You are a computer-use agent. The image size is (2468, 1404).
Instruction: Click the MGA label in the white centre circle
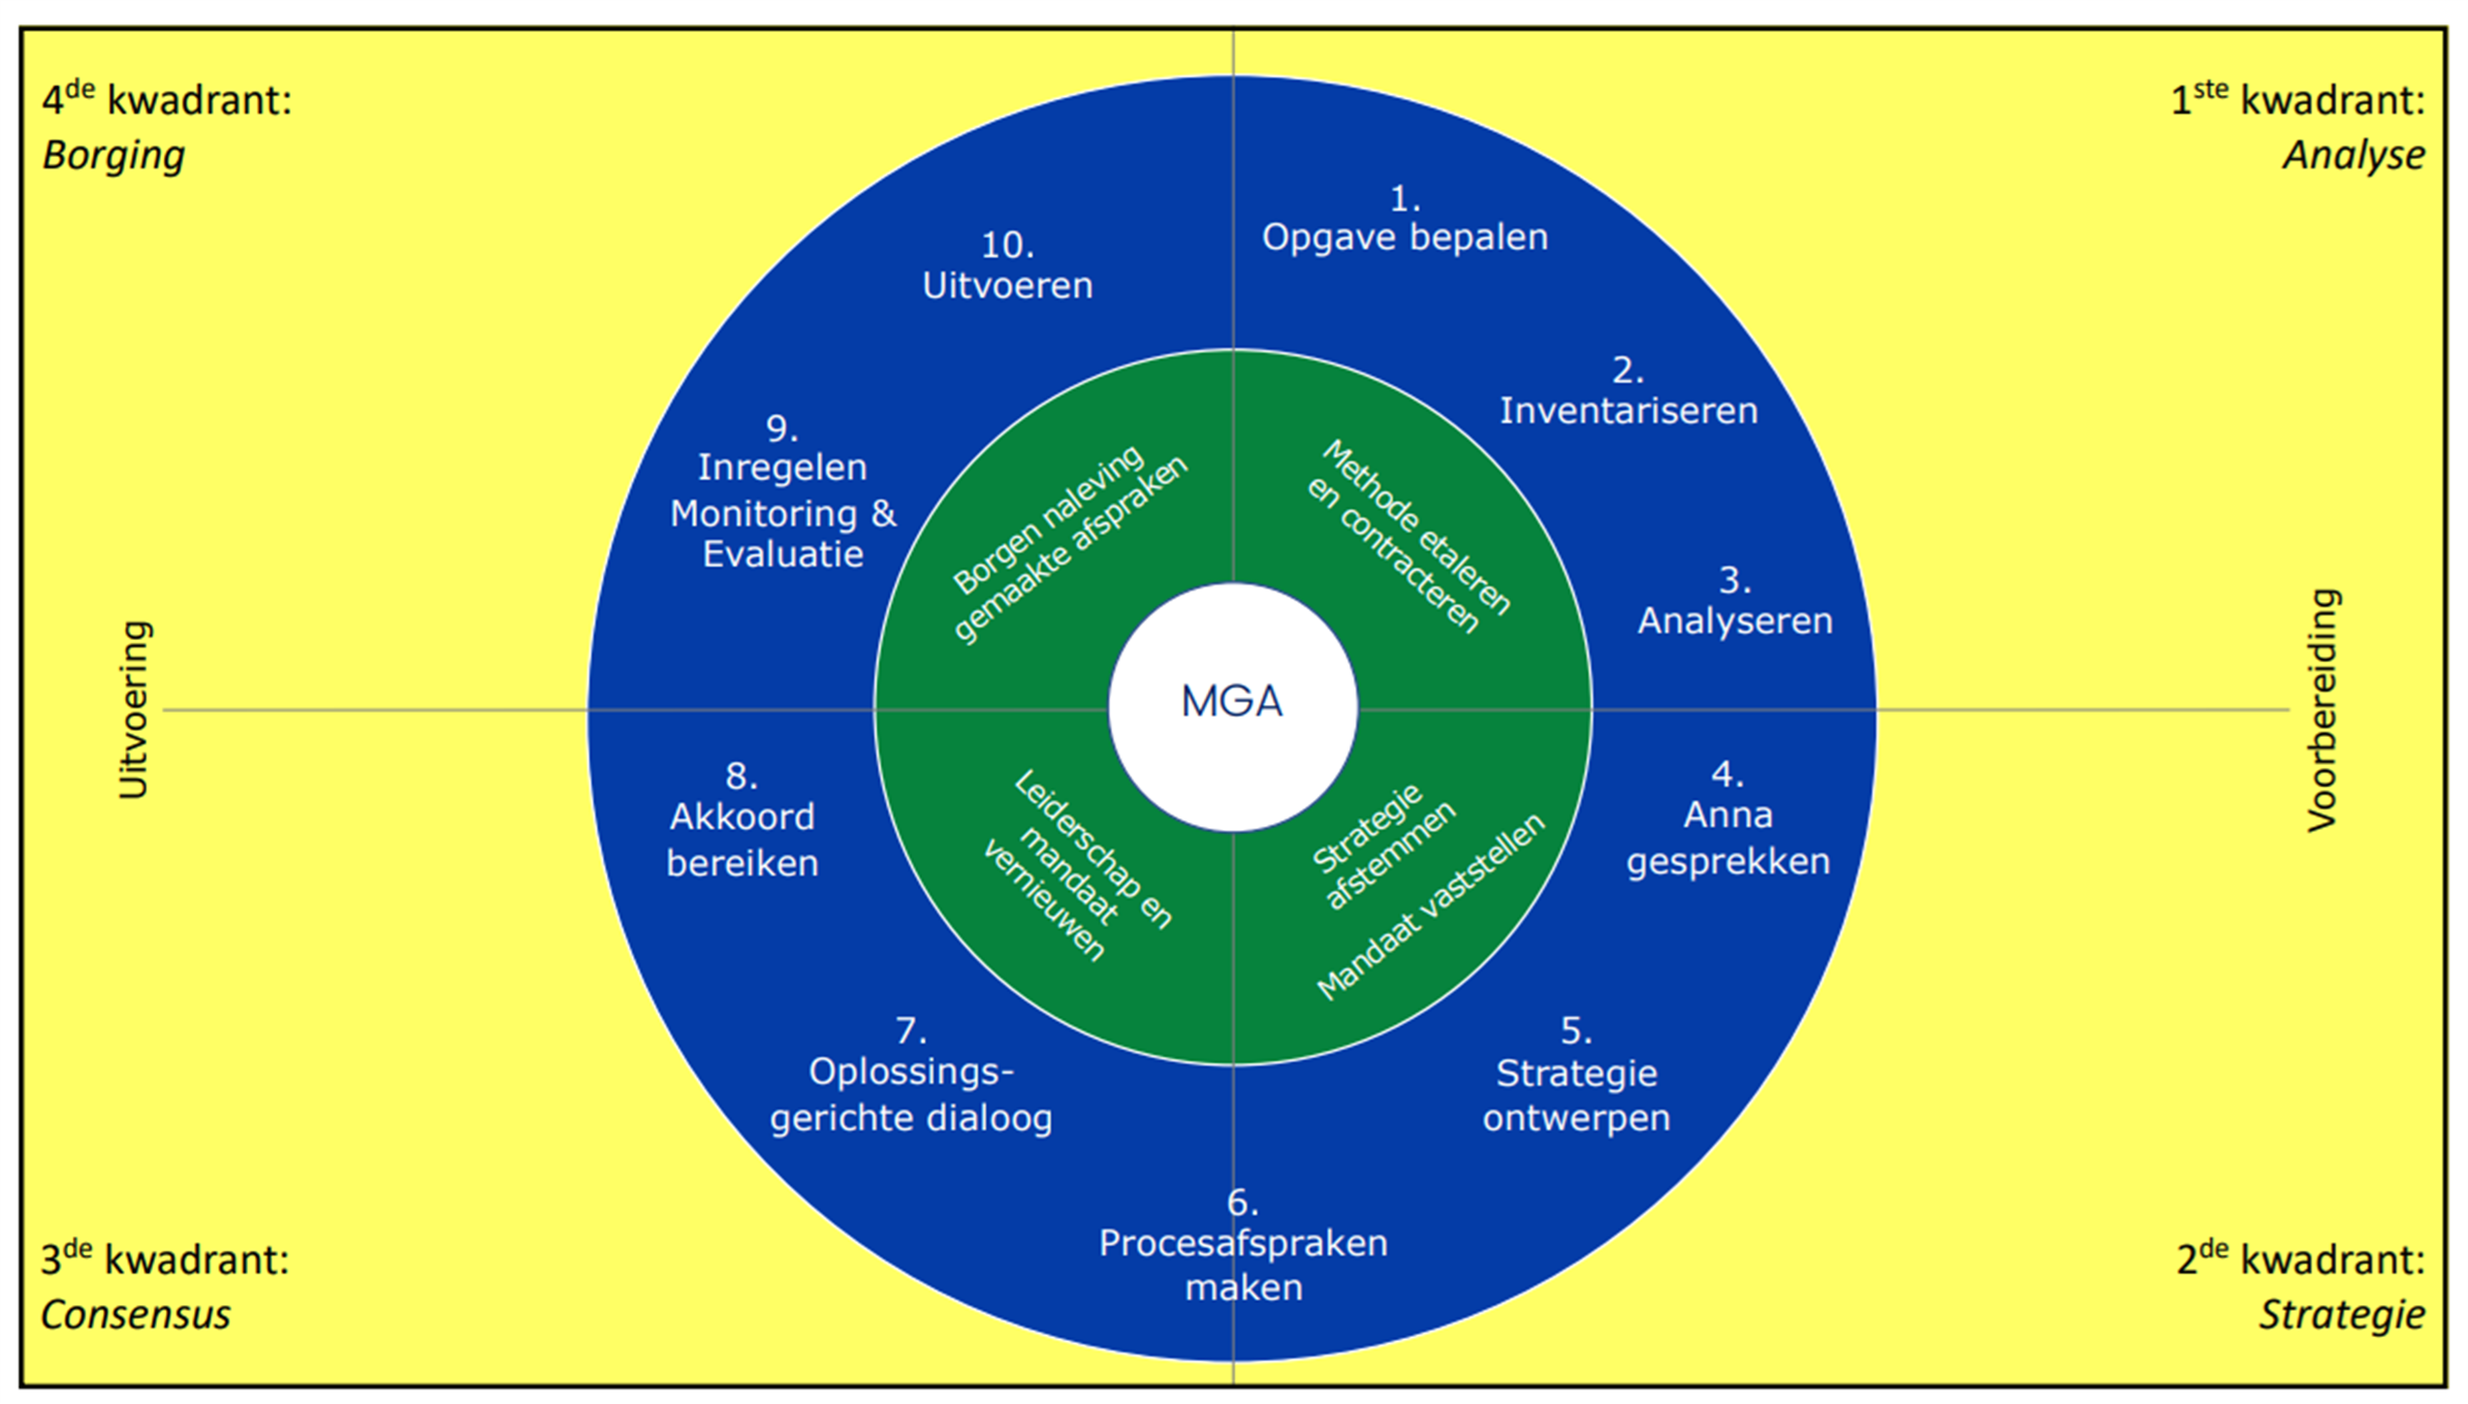tap(1231, 701)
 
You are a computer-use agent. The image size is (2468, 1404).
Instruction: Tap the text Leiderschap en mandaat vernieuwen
tap(1076, 866)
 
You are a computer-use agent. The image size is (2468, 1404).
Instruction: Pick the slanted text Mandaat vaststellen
tap(1431, 907)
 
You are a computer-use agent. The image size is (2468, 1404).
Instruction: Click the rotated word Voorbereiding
tap(2323, 710)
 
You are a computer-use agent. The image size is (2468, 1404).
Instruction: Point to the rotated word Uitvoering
tap(134, 710)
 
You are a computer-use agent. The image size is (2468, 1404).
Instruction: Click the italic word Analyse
tap(2354, 155)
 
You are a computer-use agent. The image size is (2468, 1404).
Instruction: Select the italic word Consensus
tap(136, 1315)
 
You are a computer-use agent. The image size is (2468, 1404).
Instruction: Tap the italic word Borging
tap(113, 155)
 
